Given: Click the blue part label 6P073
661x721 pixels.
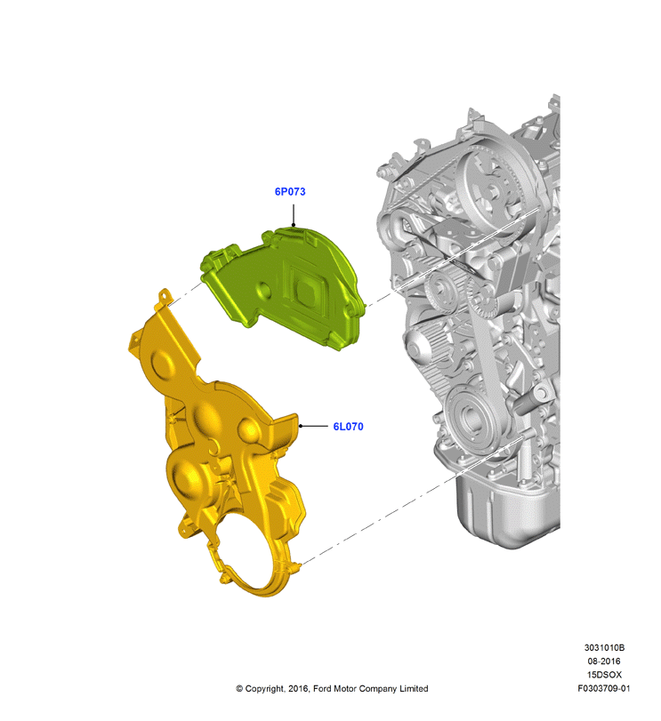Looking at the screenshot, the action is [x=290, y=191].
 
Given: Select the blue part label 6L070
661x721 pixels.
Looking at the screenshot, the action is [x=348, y=426].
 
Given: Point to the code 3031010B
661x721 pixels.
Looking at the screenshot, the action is [x=604, y=647].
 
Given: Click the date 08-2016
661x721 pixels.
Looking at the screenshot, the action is [x=604, y=661].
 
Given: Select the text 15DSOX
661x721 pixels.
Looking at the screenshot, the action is [x=604, y=675].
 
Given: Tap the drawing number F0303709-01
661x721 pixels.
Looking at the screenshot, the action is [x=604, y=688].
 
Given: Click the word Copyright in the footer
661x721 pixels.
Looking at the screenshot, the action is [x=264, y=689].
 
